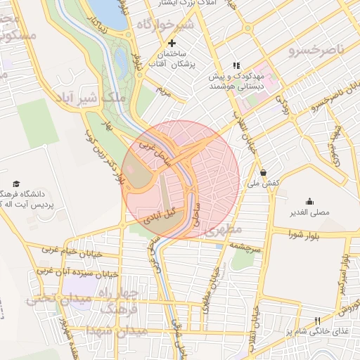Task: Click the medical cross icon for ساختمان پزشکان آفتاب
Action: point(171,44)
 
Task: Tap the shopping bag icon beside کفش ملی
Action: point(263,172)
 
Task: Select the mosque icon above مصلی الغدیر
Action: point(309,202)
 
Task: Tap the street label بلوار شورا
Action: point(303,235)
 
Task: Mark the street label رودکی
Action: point(285,106)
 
